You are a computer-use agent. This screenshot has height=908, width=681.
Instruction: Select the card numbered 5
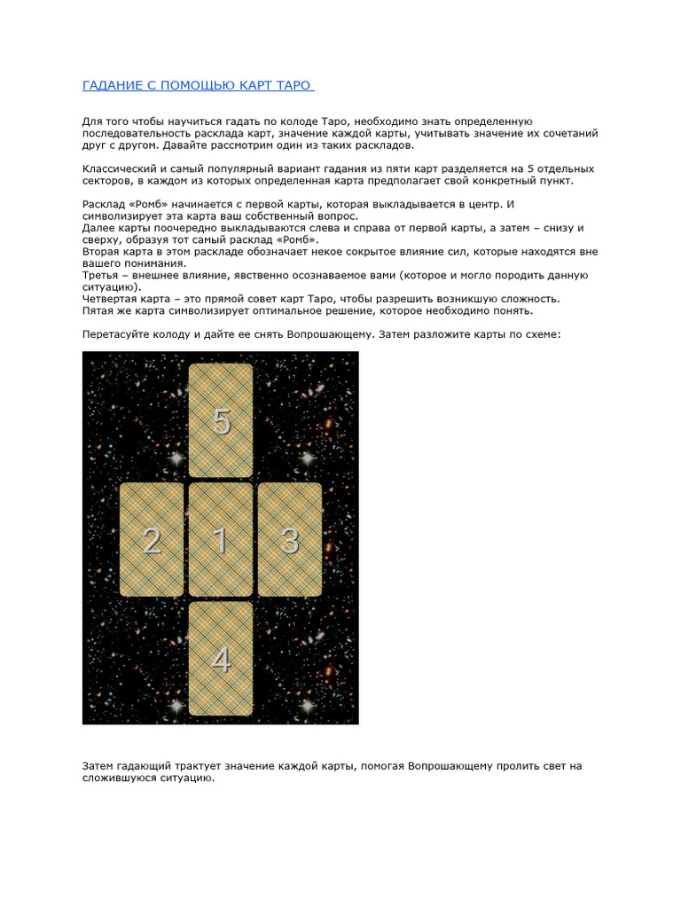click(221, 420)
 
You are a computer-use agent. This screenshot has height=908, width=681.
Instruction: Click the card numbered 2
click(152, 539)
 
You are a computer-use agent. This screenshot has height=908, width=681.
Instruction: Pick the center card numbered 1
click(221, 539)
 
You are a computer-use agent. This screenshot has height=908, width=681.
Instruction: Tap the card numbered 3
click(289, 539)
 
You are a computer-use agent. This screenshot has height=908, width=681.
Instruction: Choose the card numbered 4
click(221, 659)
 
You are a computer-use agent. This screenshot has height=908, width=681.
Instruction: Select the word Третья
click(102, 275)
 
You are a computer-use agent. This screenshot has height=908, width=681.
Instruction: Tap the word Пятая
click(99, 311)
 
